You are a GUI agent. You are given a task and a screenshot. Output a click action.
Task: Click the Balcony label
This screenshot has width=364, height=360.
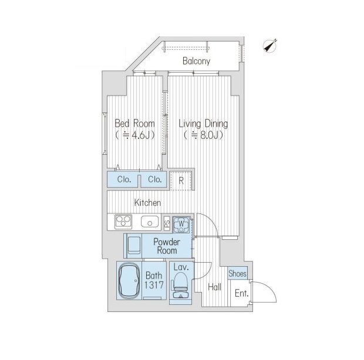coord(196,61)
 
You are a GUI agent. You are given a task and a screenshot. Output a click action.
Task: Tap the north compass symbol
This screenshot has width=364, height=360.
coord(269,45)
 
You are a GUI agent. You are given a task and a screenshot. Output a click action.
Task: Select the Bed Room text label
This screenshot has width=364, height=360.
coord(134,123)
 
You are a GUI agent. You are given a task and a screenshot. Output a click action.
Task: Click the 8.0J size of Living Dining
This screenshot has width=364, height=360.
coord(203,135)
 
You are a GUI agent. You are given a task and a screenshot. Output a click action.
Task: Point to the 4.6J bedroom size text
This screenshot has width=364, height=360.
coord(135,135)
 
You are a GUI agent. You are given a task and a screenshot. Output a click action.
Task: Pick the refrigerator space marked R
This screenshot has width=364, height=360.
coord(181,181)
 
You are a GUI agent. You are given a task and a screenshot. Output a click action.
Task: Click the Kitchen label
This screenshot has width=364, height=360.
coord(147,203)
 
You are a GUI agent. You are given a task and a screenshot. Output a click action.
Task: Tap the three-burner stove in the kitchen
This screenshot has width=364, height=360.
coord(123,222)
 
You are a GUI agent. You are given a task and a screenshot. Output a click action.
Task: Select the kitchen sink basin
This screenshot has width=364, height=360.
coord(150,222)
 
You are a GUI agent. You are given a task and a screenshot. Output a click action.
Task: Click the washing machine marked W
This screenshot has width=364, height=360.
coord(181,225)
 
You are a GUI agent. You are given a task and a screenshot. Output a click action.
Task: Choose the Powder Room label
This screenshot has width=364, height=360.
coord(167,246)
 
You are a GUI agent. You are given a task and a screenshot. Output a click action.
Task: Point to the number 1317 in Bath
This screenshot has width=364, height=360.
coord(154,285)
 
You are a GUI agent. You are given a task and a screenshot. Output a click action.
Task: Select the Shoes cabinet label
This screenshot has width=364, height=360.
coord(237,274)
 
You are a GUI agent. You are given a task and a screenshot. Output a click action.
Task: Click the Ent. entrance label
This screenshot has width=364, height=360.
coord(242,294)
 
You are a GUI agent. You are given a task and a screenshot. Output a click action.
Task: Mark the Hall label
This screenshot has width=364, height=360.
coord(214,287)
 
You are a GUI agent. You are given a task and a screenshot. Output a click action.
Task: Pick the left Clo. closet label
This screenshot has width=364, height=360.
coord(124,179)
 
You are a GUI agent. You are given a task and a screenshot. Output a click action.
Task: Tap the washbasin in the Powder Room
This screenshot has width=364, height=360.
coord(134,246)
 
